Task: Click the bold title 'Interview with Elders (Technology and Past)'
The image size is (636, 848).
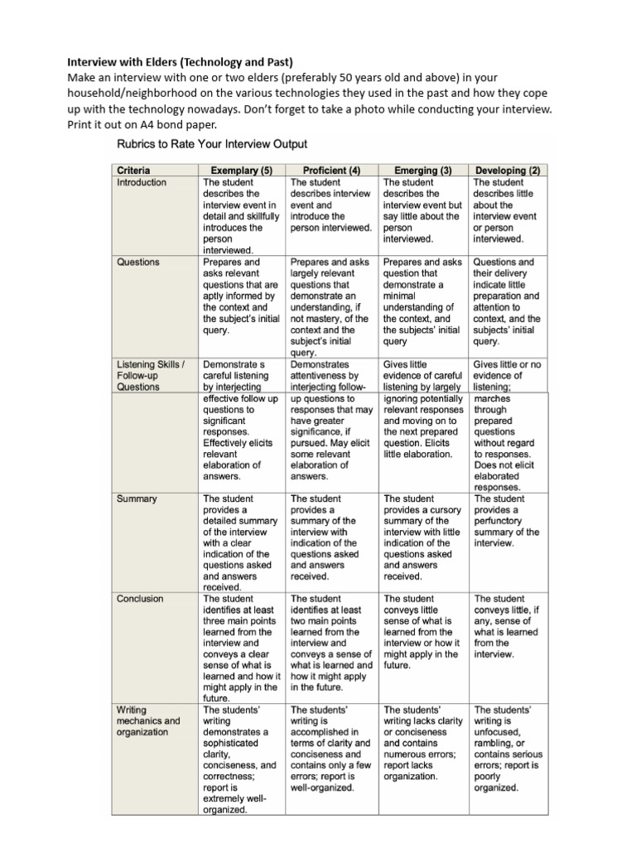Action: pyautogui.click(x=181, y=62)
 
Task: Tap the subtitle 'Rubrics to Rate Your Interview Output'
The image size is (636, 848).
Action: pyautogui.click(x=212, y=144)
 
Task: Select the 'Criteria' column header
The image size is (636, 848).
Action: pyautogui.click(x=133, y=171)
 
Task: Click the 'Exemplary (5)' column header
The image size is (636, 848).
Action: pyautogui.click(x=242, y=171)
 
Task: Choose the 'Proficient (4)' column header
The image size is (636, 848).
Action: pyautogui.click(x=331, y=171)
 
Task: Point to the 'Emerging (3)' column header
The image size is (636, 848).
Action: pyautogui.click(x=422, y=171)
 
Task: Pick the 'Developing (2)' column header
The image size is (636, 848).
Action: pyautogui.click(x=507, y=171)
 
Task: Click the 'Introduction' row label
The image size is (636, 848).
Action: pyautogui.click(x=141, y=182)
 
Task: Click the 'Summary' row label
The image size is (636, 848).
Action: pyautogui.click(x=137, y=499)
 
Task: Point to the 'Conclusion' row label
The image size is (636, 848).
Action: pyautogui.click(x=140, y=599)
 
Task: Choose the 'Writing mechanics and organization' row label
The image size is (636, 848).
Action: pyautogui.click(x=147, y=720)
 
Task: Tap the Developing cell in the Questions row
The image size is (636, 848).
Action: pyautogui.click(x=507, y=301)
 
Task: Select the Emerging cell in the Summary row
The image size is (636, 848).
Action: pyautogui.click(x=421, y=537)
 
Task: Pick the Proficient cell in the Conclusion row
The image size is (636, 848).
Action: pyautogui.click(x=331, y=637)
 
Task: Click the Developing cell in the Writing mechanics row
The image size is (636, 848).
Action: pyautogui.click(x=507, y=749)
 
